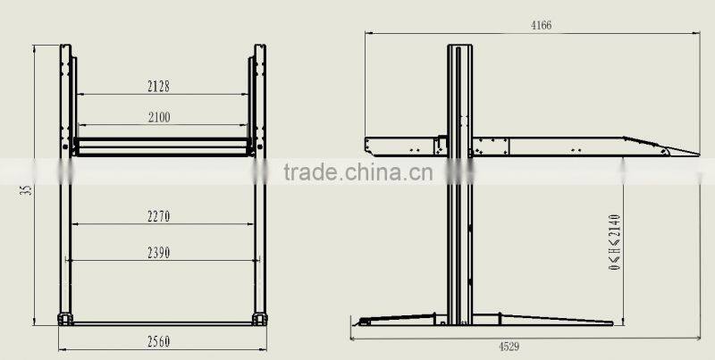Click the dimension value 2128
coord(159,87)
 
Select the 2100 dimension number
coord(159,116)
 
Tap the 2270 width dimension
coord(159,215)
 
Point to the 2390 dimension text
coord(159,253)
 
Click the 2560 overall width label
coord(159,340)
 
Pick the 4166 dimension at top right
coord(540,25)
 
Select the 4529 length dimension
coord(507,346)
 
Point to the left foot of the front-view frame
coord(64,318)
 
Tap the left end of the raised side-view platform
coord(368,142)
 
